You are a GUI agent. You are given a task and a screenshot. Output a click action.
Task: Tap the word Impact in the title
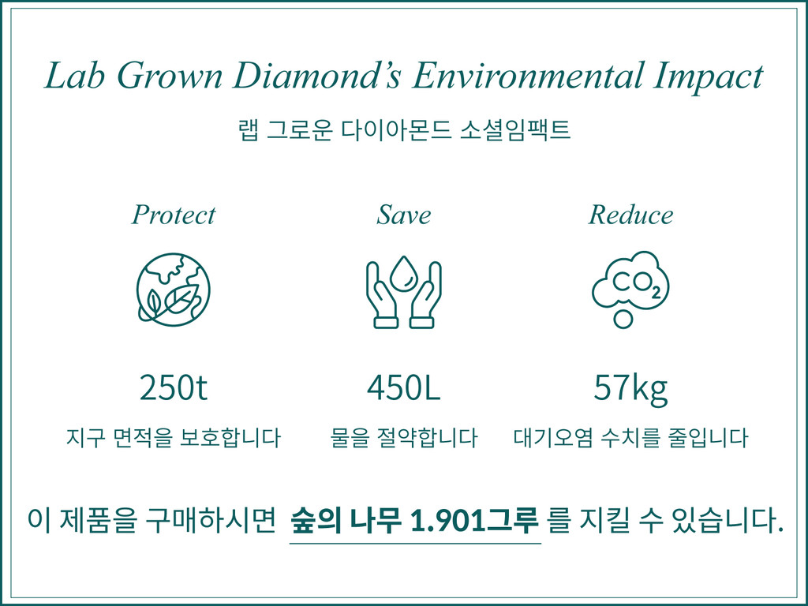[709, 77]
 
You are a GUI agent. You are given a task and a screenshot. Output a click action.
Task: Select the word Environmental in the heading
[529, 76]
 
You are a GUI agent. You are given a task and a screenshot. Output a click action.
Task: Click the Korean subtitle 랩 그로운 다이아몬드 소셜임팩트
[403, 129]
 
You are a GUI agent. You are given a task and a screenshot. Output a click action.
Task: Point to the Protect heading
[173, 215]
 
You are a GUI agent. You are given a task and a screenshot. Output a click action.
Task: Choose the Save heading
[403, 215]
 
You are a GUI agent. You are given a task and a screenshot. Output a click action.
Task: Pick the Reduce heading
[630, 215]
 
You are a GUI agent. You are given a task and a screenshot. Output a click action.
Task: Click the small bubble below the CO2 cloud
[623, 319]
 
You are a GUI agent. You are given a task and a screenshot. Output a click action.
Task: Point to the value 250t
[173, 387]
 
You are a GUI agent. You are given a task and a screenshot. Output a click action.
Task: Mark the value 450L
[403, 387]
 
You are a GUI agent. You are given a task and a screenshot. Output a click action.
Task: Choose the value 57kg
[630, 387]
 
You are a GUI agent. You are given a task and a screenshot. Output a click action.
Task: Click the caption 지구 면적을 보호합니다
[173, 437]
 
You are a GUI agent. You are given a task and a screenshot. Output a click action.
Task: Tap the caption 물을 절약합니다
[403, 437]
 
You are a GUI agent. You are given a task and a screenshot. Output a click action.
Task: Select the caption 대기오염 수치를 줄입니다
[630, 437]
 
